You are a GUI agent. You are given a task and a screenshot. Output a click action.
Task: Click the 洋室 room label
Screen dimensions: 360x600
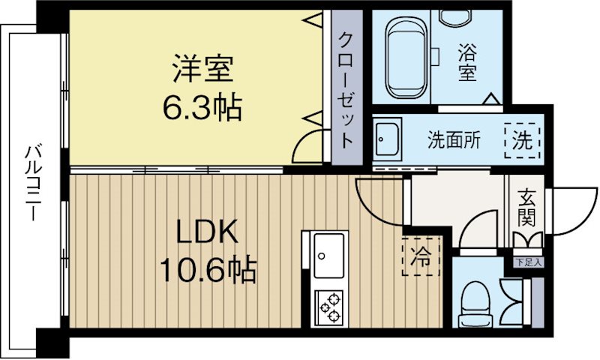(x=202, y=71)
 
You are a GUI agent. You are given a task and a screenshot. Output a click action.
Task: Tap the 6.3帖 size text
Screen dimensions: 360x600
(x=202, y=108)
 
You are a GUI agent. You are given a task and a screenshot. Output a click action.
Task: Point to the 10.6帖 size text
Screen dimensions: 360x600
(x=208, y=268)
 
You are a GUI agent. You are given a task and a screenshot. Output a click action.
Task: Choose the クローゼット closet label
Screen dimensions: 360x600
(x=346, y=90)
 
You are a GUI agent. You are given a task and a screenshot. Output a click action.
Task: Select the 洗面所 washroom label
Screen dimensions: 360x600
(x=454, y=139)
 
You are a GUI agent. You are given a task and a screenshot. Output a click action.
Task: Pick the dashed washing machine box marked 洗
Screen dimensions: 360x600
(x=522, y=139)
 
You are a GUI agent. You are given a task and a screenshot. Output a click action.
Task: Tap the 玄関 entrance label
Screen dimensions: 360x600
(x=525, y=208)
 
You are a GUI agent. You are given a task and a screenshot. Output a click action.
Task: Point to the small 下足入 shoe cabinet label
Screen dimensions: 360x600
(x=528, y=262)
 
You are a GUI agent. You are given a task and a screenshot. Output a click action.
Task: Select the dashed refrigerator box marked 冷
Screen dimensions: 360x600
(x=421, y=256)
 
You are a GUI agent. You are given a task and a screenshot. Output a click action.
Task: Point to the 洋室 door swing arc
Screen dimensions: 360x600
(x=308, y=147)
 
